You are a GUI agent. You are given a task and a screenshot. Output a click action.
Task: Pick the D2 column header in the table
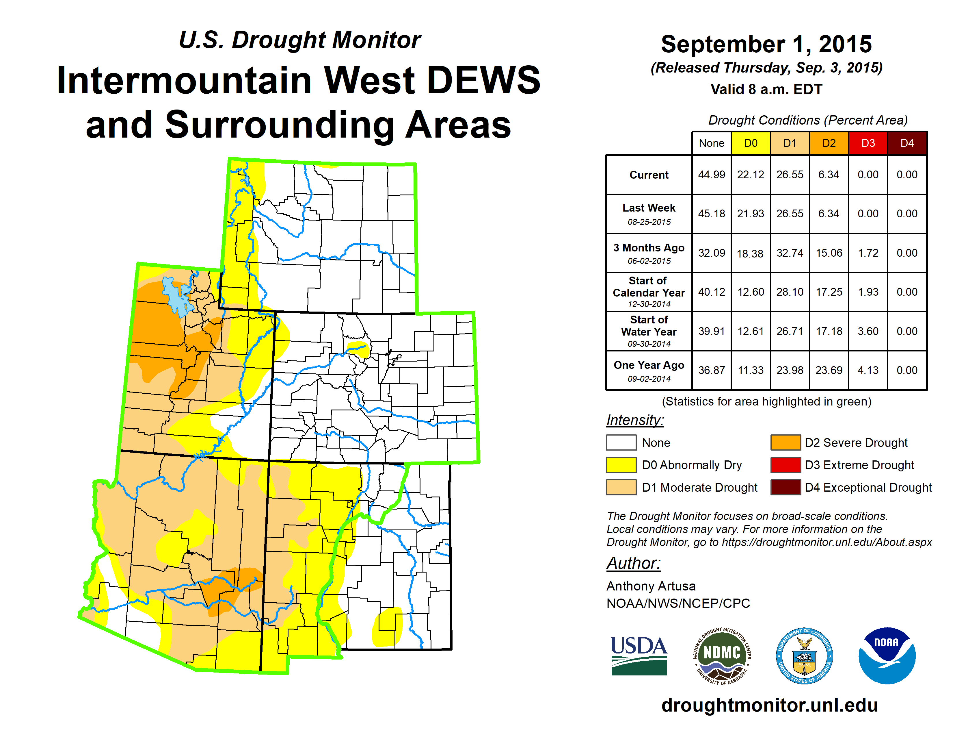click(829, 143)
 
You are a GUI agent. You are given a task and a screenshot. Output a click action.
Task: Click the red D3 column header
click(868, 143)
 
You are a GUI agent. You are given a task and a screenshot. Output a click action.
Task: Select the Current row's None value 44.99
click(711, 175)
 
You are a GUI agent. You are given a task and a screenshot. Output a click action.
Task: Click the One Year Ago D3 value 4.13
click(868, 370)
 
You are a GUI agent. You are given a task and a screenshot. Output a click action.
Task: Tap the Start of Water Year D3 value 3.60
click(868, 332)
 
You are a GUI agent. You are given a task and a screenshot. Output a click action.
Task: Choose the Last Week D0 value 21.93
click(751, 214)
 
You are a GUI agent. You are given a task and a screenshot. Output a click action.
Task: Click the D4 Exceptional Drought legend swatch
click(786, 487)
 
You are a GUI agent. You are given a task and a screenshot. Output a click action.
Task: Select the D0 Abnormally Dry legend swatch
click(621, 465)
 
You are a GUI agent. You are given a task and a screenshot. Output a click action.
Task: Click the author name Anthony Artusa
click(651, 586)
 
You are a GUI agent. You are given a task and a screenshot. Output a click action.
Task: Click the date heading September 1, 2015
click(766, 44)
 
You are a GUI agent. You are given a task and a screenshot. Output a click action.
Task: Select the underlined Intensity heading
click(635, 420)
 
